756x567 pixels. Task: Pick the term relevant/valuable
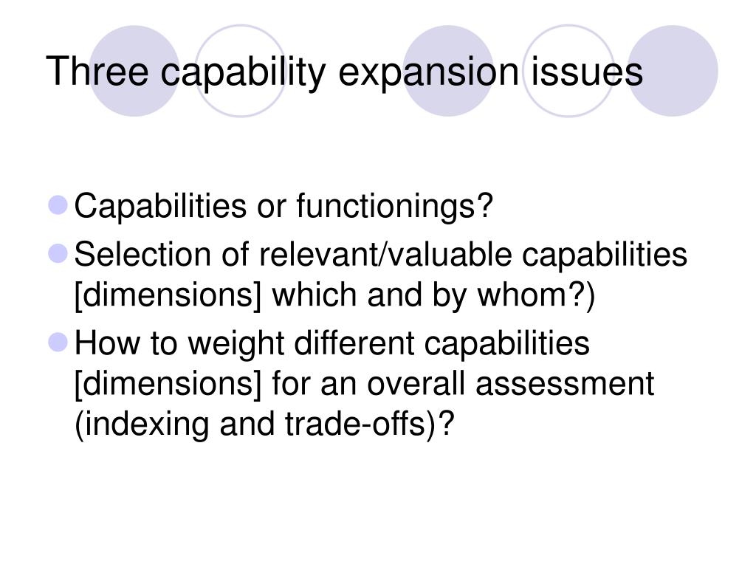click(387, 255)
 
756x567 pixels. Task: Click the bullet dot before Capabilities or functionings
click(58, 205)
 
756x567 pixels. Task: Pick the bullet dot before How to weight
click(58, 342)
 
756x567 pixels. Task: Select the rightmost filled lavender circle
click(673, 71)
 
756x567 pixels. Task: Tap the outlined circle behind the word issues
click(568, 71)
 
